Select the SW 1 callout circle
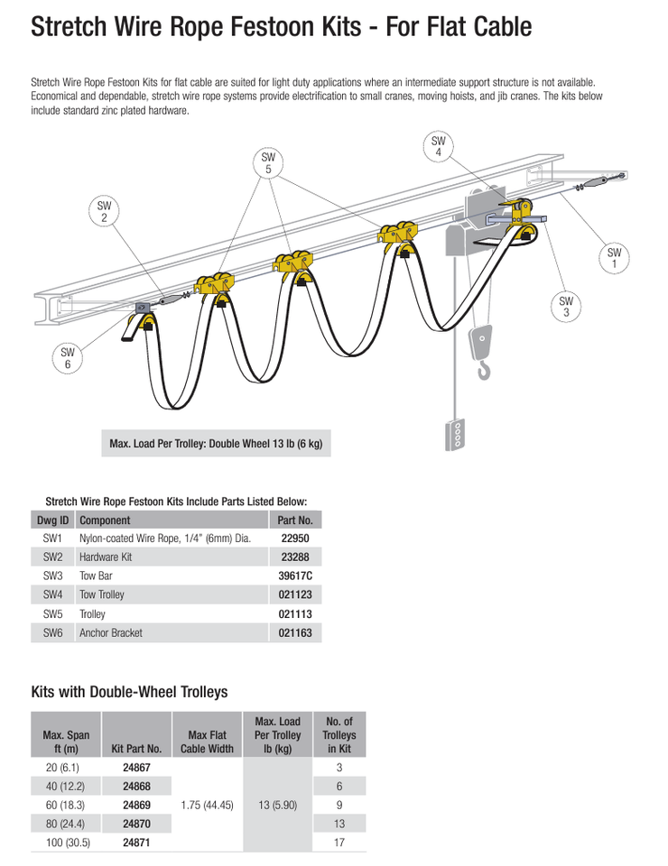[615, 258]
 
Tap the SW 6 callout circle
[67, 358]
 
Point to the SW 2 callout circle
[104, 212]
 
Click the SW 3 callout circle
[566, 307]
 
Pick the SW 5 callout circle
[268, 163]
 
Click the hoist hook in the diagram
[485, 369]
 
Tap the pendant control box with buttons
[457, 434]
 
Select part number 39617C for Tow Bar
[295, 576]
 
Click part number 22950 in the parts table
[295, 538]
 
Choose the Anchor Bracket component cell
[111, 633]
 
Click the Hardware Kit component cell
[106, 557]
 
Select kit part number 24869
[136, 805]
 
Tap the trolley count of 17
[339, 843]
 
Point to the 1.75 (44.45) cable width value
[207, 805]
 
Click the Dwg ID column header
[52, 521]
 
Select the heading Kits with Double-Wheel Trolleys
[129, 692]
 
